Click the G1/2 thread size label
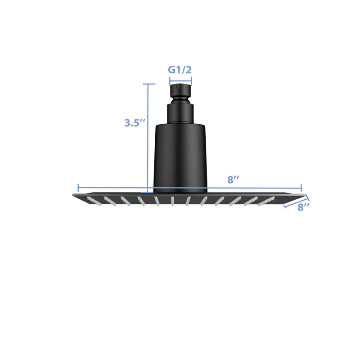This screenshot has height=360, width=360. (x=180, y=70)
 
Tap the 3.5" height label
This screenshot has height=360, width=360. (x=135, y=123)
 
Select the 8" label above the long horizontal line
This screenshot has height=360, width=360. (x=233, y=180)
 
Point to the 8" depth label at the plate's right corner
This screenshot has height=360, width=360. (x=304, y=207)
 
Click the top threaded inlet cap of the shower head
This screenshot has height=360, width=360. (x=180, y=90)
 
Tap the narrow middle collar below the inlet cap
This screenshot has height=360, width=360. (x=180, y=112)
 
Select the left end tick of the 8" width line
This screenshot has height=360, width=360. (x=78, y=188)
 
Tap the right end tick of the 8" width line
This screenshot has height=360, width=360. (x=301, y=188)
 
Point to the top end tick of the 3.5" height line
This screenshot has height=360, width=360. (x=148, y=84)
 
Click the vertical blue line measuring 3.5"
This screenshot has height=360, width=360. (x=148, y=135)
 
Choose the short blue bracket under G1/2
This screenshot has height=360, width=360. (x=180, y=81)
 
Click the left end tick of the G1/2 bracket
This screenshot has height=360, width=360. (x=170, y=81)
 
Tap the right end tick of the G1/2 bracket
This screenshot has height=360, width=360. (x=191, y=81)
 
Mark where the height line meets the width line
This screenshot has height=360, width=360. (x=148, y=188)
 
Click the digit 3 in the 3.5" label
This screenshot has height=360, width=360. (x=128, y=123)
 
